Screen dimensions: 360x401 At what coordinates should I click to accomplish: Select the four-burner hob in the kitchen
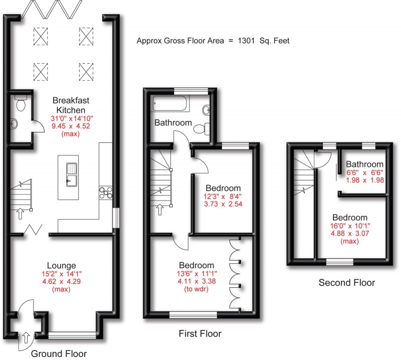point(106,193)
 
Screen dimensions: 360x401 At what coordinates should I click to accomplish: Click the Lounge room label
point(61,266)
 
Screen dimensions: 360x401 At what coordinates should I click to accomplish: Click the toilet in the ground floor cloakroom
point(21,104)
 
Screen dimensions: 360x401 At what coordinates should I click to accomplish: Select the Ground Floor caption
point(59,353)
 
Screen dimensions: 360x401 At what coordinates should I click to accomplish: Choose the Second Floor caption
point(346,283)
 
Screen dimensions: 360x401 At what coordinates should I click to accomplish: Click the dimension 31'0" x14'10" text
point(71,119)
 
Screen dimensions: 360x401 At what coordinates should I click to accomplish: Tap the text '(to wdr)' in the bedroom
point(199,290)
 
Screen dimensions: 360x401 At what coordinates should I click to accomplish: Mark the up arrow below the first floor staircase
point(160,210)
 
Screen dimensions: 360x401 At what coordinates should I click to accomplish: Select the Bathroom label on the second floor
point(364,164)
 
